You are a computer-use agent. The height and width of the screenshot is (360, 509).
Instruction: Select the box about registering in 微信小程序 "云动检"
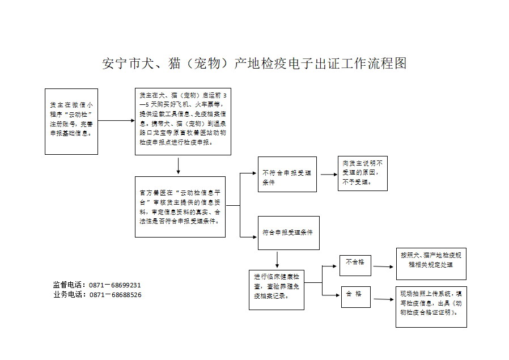coord(71,121)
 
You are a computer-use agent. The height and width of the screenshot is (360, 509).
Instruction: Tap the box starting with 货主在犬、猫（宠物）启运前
coord(183,121)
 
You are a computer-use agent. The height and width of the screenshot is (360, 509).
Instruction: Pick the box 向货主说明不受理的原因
coord(363,173)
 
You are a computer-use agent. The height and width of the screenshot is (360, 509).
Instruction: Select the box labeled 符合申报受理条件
coord(288,232)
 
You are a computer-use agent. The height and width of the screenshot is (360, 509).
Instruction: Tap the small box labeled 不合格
coord(355,262)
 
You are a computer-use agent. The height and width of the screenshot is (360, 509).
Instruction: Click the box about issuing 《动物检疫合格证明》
coord(431,306)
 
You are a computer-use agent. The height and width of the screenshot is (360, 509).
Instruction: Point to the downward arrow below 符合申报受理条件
coord(277,259)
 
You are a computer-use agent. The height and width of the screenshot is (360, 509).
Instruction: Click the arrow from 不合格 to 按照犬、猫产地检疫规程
coord(382,265)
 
